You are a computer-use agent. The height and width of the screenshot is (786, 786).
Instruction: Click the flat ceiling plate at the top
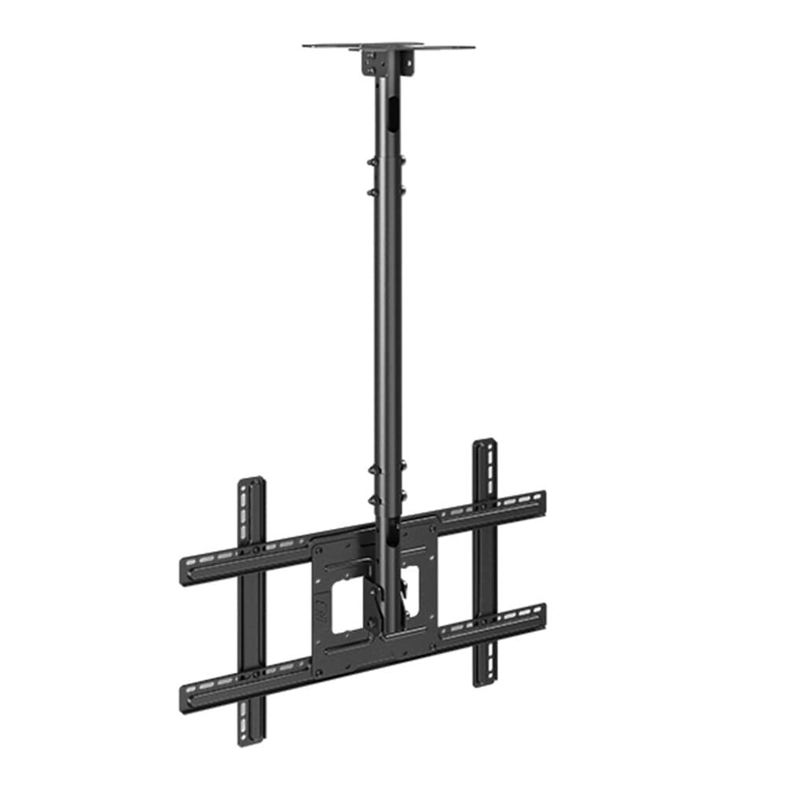[388, 46]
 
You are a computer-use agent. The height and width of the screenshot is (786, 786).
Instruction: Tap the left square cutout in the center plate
[348, 605]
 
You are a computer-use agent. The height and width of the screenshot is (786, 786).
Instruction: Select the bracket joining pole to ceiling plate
[388, 62]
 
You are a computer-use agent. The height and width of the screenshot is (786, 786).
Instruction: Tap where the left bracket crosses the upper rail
[252, 551]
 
